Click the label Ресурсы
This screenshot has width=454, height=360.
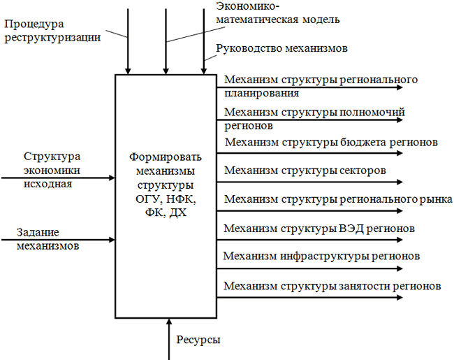click(x=198, y=340)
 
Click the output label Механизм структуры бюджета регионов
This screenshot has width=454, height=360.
click(x=330, y=143)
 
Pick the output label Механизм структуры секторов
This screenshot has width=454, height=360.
click(x=305, y=170)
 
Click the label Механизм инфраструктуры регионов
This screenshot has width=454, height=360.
click(x=321, y=256)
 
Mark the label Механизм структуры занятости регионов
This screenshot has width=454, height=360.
click(x=332, y=286)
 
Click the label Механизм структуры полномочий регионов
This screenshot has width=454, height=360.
click(x=314, y=118)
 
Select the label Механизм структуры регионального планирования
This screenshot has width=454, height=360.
click(x=321, y=85)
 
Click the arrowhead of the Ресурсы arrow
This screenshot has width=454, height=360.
click(x=168, y=322)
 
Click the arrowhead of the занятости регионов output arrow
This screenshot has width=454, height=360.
click(x=400, y=298)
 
